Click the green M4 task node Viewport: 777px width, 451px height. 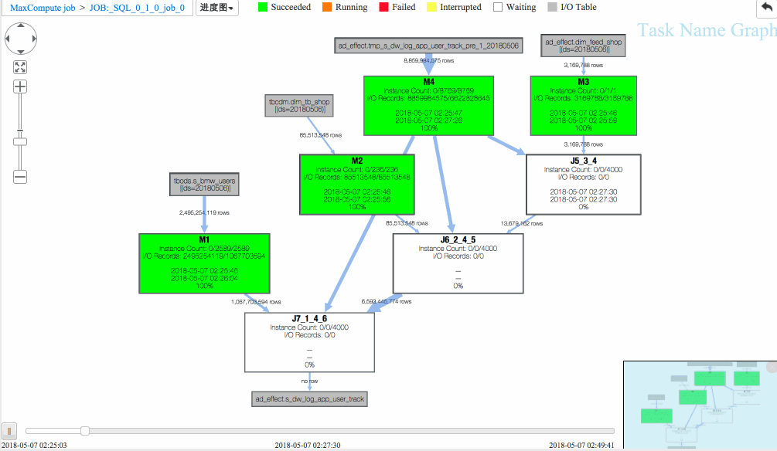(428, 104)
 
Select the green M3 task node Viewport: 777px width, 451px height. (583, 104)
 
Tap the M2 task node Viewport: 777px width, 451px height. (356, 184)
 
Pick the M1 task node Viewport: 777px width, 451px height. (204, 263)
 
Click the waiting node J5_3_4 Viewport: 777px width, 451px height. (584, 184)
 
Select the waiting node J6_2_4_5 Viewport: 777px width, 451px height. (458, 263)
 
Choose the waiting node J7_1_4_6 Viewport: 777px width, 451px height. (309, 341)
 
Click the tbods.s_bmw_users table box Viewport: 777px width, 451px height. (204, 184)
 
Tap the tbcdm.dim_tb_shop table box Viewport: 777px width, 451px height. (299, 105)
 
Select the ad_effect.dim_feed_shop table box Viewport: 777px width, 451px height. (583, 45)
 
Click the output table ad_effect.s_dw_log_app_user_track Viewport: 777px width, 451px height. (309, 399)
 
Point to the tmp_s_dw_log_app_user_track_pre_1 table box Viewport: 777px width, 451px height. (428, 46)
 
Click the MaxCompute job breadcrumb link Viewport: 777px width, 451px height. (43, 8)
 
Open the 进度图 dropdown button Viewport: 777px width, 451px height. (216, 8)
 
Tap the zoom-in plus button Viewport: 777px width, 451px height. (20, 86)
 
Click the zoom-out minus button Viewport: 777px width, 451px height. (20, 176)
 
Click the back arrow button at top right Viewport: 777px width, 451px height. (766, 7)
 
